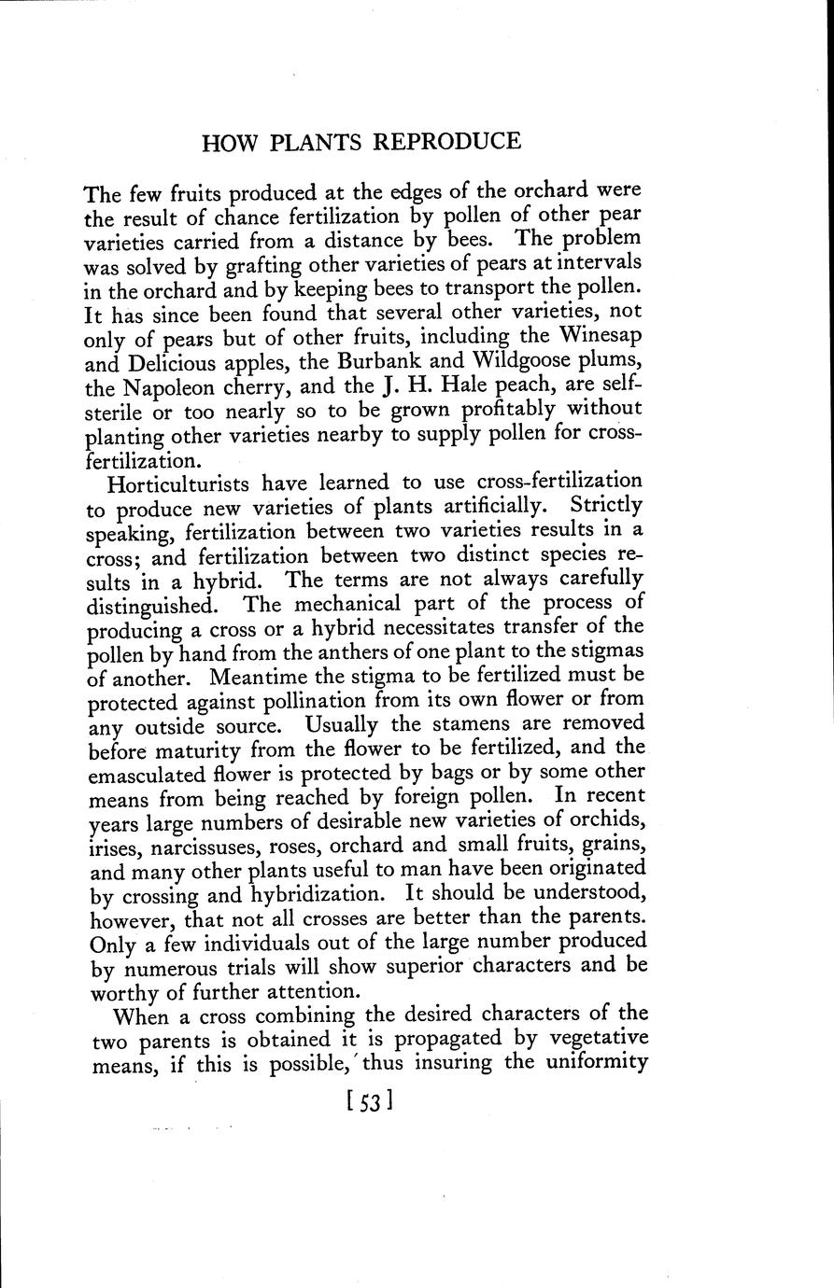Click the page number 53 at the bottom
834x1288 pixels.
(x=367, y=1102)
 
